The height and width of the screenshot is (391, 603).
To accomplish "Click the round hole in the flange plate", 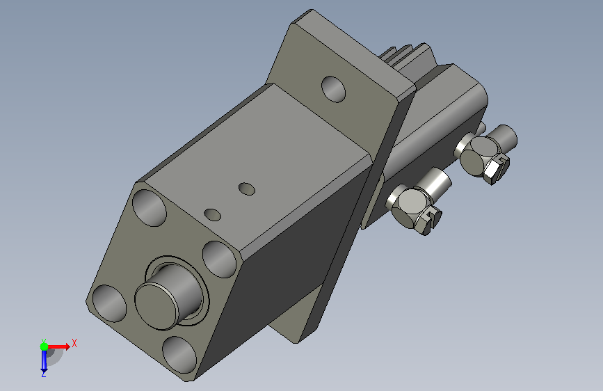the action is point(333,89).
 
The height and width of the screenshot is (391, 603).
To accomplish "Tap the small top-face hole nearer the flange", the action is point(247,189).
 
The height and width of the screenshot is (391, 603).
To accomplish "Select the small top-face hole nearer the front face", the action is point(212,215).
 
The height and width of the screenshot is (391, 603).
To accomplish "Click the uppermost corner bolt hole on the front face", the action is point(150,208).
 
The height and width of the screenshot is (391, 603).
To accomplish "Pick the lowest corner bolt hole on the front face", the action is point(179,354).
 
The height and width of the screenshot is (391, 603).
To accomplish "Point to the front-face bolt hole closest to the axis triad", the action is point(109,303).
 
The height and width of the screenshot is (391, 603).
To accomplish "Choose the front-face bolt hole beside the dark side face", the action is point(219,260).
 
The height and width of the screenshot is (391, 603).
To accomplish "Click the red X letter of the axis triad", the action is point(74,343).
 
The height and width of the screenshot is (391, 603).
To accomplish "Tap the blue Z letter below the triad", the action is point(43,374).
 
